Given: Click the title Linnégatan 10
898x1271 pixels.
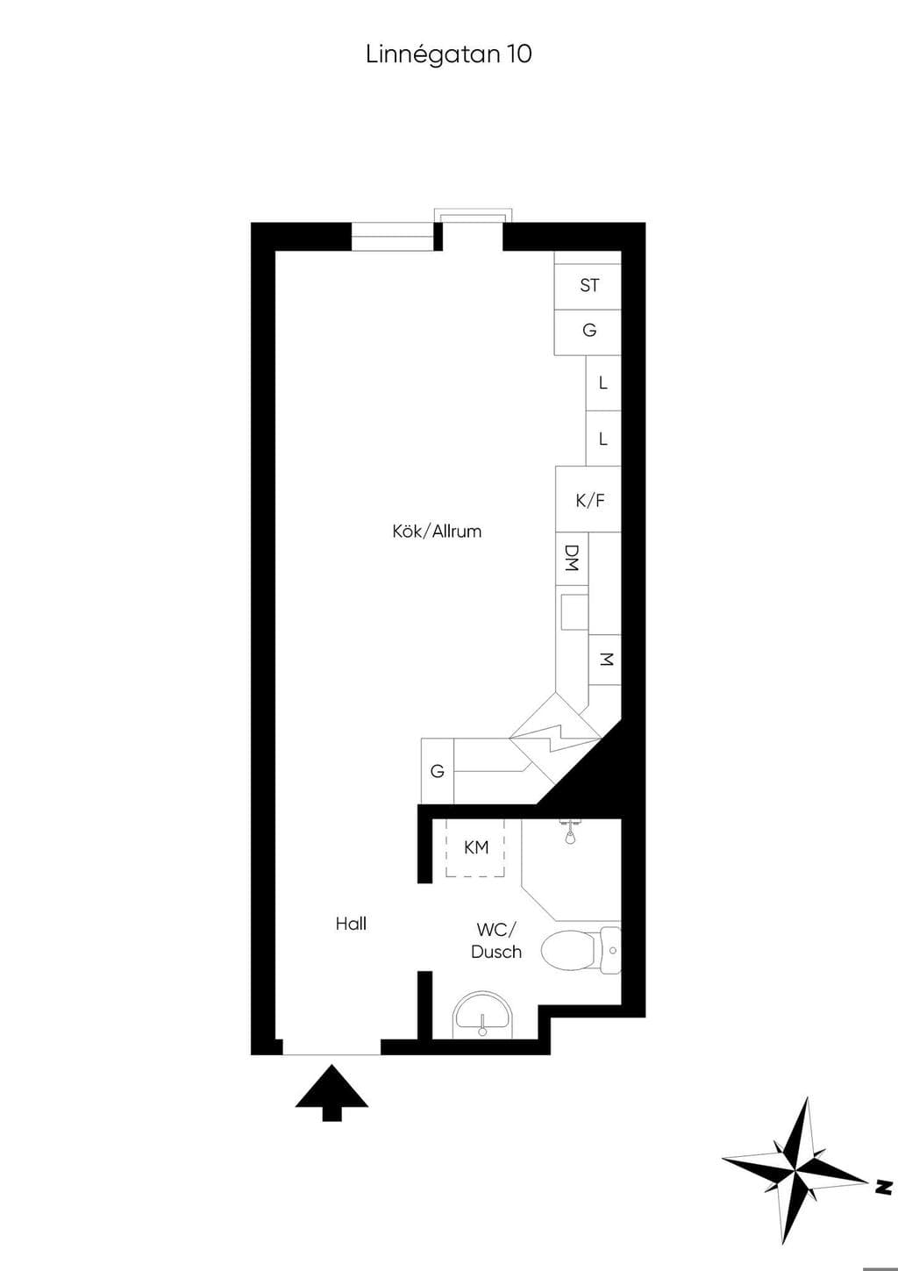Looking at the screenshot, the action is tap(449, 55).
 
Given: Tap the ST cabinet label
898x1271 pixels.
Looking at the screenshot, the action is tap(589, 285).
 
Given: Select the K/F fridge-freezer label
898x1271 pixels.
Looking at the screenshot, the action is tap(590, 501).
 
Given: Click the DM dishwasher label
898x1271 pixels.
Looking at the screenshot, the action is tap(572, 558).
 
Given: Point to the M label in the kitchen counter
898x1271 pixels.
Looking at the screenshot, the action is tap(607, 660).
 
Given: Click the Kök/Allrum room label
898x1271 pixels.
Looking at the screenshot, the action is tap(437, 532).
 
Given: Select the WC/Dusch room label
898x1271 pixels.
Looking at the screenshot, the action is tap(496, 941).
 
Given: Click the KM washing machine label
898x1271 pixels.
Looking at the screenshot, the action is tap(476, 847).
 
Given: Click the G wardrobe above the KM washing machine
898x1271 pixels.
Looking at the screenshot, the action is tap(438, 771).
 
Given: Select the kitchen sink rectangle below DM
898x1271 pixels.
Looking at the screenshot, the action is tap(574, 611).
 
